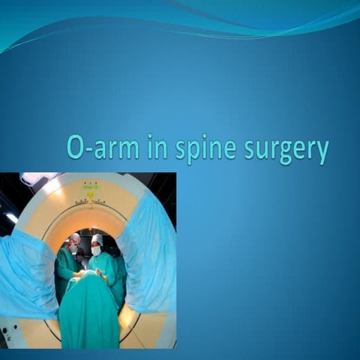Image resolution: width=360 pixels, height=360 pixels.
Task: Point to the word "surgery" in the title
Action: click(x=286, y=151)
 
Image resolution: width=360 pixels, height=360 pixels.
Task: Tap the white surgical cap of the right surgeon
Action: click(x=97, y=239)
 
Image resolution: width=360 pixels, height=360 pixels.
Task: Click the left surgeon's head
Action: click(x=74, y=241)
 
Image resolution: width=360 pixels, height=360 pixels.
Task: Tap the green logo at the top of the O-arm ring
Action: click(x=91, y=186)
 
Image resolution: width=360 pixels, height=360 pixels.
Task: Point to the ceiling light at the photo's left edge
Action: click(x=10, y=217)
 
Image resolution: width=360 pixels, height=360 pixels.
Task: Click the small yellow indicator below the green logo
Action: click(x=91, y=195)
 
